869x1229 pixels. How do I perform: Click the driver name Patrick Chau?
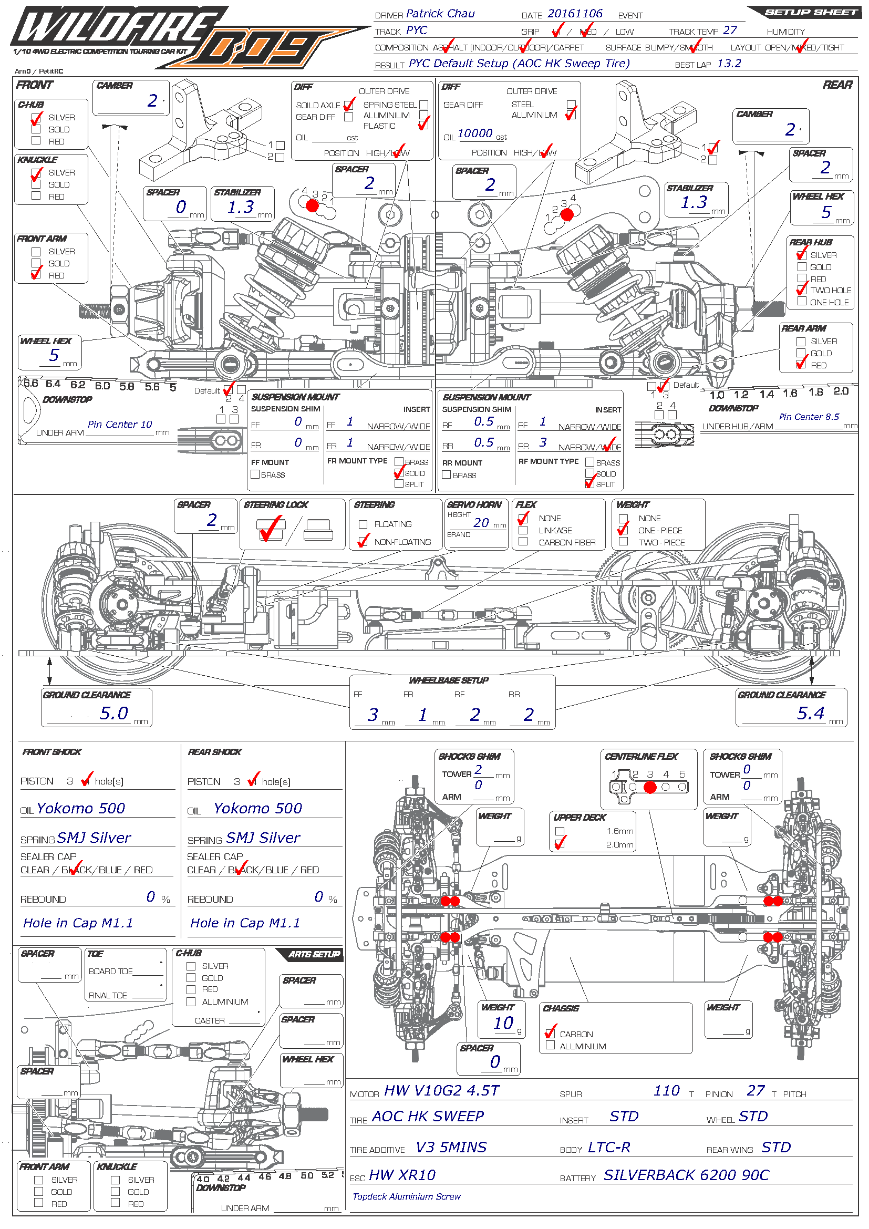pos(440,14)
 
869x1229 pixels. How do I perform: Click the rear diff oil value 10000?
pos(474,133)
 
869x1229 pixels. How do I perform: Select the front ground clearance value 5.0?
pos(114,713)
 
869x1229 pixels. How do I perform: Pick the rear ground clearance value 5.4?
pos(810,713)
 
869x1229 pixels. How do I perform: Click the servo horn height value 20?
pos(481,523)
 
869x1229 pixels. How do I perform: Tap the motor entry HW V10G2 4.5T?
pos(441,1090)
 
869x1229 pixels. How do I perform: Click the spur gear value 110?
pos(666,1090)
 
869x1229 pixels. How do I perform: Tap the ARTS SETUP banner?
pos(314,954)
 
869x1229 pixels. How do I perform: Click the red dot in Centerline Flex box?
pos(649,787)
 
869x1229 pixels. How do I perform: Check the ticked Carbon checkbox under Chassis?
pos(550,1034)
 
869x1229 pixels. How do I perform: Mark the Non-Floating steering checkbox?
pos(364,542)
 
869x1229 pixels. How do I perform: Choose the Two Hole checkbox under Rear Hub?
pos(801,290)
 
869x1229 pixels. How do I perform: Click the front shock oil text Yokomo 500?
pos(81,808)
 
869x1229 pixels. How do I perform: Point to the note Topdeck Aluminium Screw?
pos(406,1196)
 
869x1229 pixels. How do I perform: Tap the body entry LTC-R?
pos(609,1147)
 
